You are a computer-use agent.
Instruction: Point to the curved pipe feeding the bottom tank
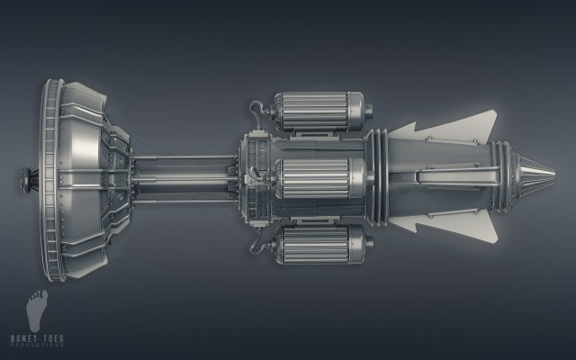pos(256,241)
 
